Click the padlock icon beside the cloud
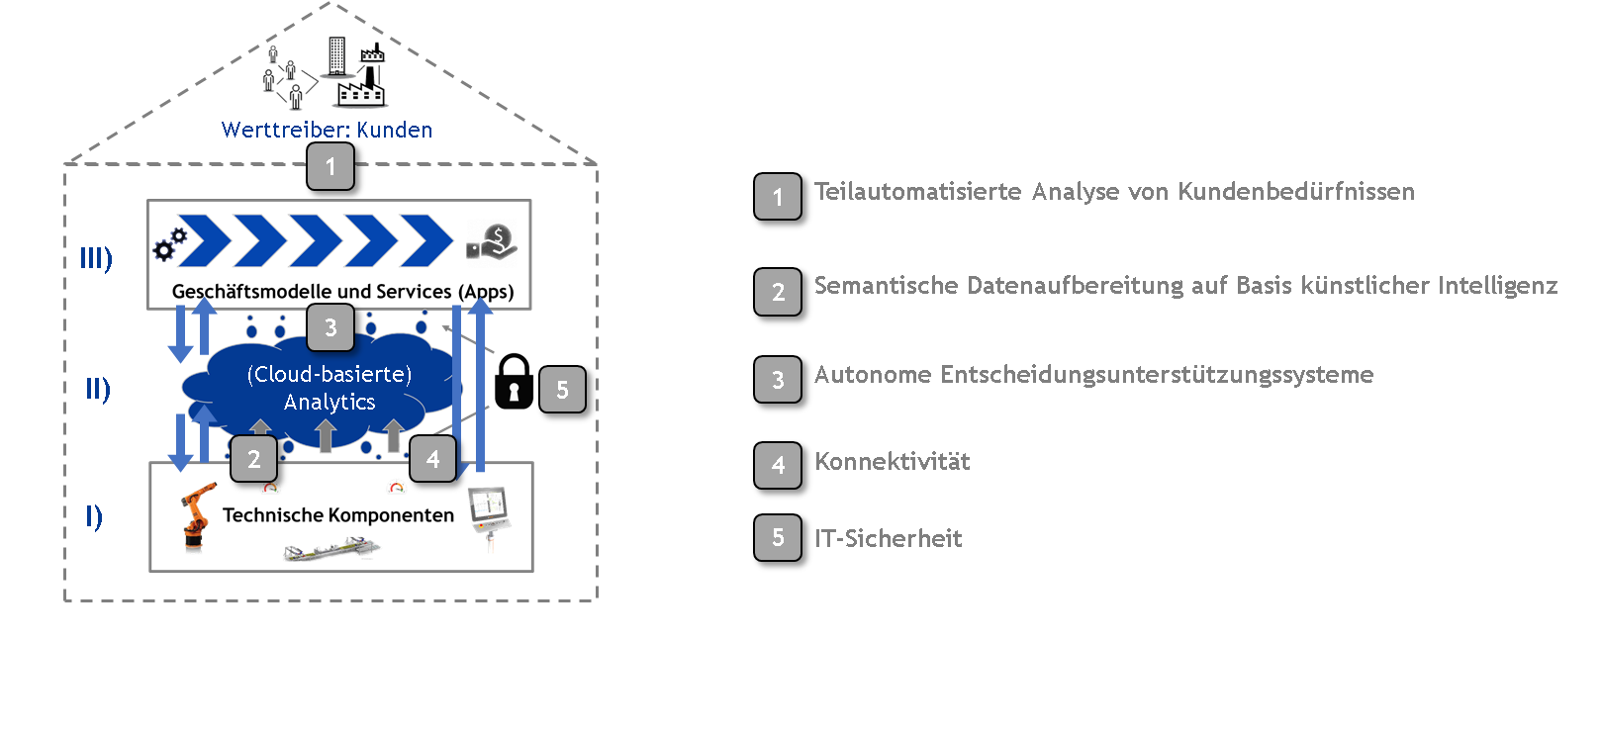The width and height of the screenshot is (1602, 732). (514, 382)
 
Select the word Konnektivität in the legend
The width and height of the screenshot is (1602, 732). (892, 462)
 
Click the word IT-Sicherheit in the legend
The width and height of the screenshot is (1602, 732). (888, 539)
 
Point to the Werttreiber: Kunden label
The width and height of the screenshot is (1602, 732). (327, 131)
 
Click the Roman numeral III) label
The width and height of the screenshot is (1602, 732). (96, 259)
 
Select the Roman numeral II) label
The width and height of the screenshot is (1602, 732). (97, 389)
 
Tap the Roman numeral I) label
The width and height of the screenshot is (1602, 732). (94, 516)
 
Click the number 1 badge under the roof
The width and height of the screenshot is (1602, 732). (330, 166)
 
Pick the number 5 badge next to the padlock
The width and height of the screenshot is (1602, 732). (562, 390)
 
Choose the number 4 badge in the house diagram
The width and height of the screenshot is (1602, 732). (432, 459)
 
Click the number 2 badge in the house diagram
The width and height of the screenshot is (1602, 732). (254, 459)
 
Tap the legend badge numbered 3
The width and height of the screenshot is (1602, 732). (778, 380)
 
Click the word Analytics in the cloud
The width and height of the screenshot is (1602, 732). (330, 403)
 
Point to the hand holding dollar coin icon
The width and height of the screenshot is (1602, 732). (492, 243)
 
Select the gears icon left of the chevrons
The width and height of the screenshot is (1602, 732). (168, 243)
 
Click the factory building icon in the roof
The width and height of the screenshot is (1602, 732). (361, 83)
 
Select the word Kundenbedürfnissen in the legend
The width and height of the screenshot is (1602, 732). (1295, 192)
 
